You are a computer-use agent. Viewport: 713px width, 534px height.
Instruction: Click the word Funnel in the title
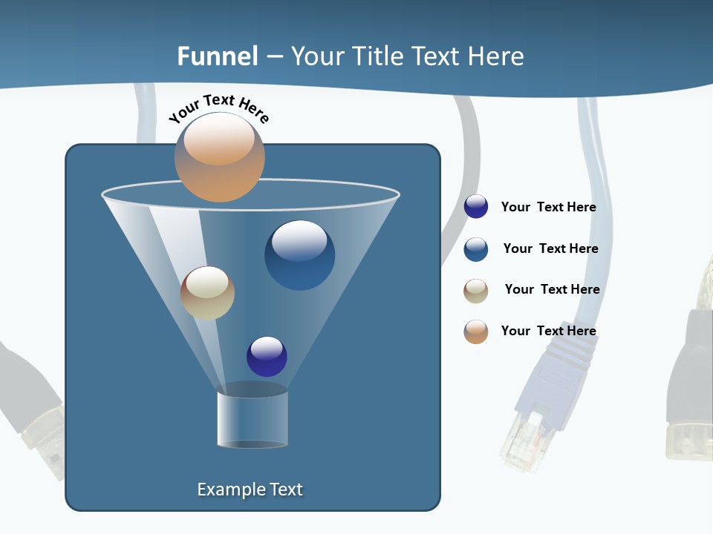217,56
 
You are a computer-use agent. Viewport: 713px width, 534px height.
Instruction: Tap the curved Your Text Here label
218,108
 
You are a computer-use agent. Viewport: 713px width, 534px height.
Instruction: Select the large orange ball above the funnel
219,157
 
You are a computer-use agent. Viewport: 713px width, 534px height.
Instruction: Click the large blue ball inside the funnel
299,254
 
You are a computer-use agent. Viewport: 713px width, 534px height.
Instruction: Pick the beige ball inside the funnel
207,293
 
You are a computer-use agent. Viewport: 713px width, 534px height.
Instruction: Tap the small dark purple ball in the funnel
267,357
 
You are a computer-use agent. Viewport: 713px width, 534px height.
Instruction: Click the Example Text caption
250,489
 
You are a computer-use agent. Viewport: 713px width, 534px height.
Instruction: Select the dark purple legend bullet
476,207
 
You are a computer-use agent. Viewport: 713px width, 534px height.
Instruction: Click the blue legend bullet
476,249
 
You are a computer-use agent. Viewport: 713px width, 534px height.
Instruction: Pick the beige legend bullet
476,291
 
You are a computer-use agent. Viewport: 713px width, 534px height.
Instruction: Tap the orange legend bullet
476,332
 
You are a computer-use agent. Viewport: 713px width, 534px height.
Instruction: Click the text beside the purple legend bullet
548,208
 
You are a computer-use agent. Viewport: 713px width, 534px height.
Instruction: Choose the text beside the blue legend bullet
550,249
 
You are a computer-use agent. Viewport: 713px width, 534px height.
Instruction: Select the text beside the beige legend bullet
552,290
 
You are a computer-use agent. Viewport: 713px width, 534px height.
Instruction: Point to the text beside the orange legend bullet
548,332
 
